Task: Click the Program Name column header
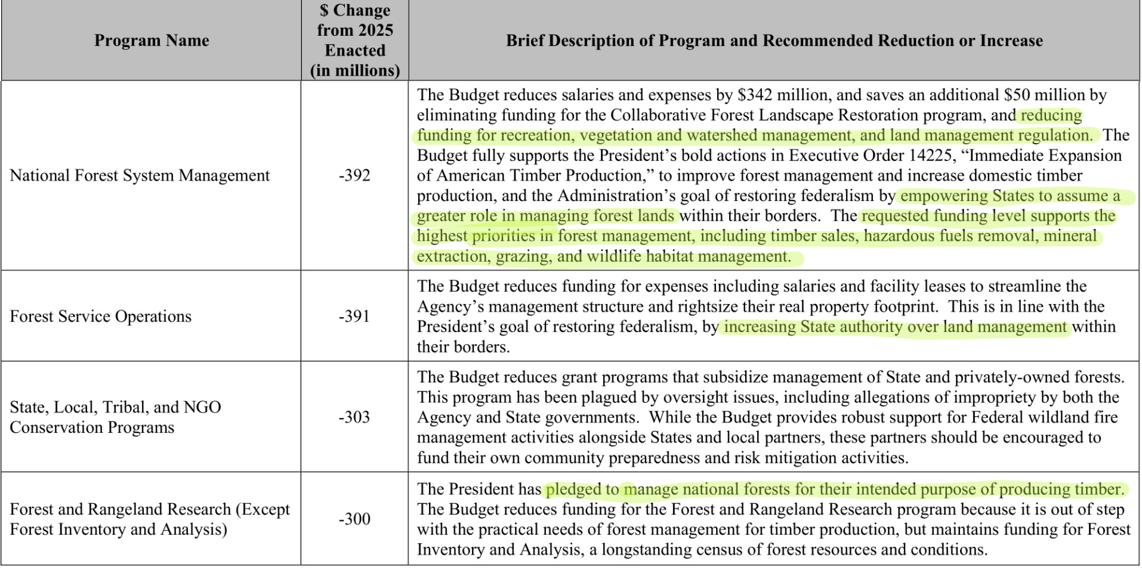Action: point(152,41)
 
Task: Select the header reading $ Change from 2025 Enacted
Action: point(354,41)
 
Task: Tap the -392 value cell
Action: point(354,175)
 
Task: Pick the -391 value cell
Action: point(354,316)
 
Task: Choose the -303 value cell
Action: point(354,417)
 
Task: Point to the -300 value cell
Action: point(354,519)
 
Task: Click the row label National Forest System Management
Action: point(140,175)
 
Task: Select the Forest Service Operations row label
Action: point(100,316)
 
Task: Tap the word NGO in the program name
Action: point(202,407)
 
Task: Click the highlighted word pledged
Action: point(572,490)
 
